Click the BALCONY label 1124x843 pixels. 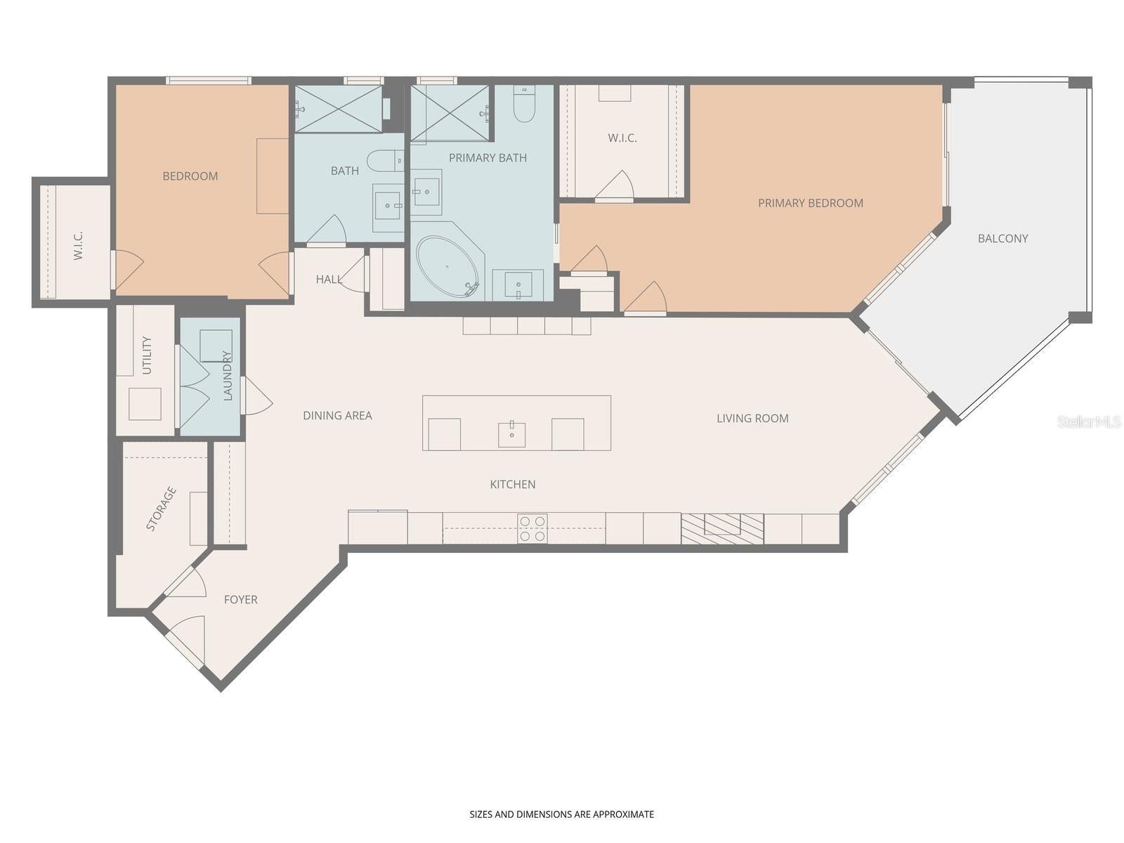[x=1002, y=239]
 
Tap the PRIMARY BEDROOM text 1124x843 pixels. [x=810, y=203]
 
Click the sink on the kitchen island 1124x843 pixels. [x=511, y=434]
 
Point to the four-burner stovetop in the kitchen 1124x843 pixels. [x=532, y=528]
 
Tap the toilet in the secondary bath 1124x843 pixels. [x=385, y=161]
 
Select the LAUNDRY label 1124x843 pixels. [x=227, y=375]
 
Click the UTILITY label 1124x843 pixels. [x=147, y=355]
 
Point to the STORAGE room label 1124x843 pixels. [x=161, y=509]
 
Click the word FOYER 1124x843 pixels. [x=240, y=599]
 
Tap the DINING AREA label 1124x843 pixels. [x=337, y=416]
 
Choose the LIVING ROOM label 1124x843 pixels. [x=752, y=419]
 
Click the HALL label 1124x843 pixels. [x=328, y=280]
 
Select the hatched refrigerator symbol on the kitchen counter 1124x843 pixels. [x=722, y=528]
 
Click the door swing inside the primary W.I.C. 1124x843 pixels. [x=615, y=185]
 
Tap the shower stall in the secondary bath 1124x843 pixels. [x=339, y=108]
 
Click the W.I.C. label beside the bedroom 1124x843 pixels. [x=78, y=245]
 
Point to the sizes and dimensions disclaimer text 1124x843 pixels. [x=561, y=814]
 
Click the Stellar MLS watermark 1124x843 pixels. [x=1089, y=422]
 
